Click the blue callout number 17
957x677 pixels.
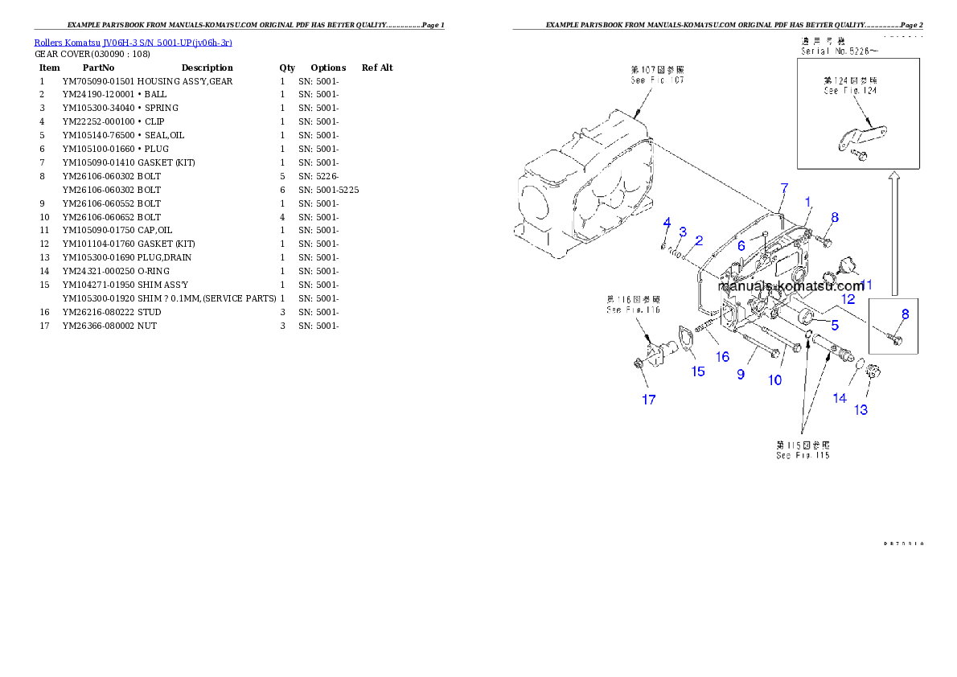(x=648, y=400)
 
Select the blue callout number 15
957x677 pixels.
(x=697, y=371)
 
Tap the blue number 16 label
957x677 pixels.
(x=722, y=356)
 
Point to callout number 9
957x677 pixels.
(x=741, y=375)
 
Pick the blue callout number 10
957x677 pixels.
(x=774, y=380)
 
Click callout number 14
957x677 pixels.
(x=840, y=397)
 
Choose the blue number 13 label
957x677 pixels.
(x=860, y=409)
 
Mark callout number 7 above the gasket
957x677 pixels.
(x=784, y=189)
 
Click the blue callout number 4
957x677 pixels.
(x=667, y=222)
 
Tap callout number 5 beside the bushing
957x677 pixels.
(x=835, y=326)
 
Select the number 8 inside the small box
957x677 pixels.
(x=905, y=314)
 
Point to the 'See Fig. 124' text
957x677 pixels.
(x=850, y=91)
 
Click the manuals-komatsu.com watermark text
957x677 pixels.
(x=791, y=287)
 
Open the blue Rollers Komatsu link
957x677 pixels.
(x=133, y=42)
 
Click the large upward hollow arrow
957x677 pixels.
(x=894, y=234)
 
